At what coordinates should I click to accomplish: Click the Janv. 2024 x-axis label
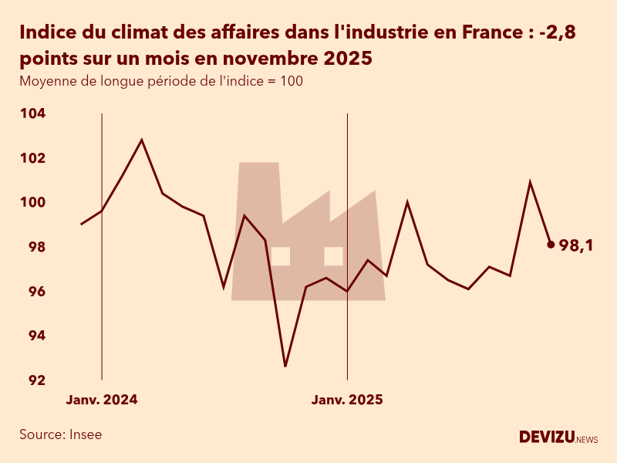pos(102,400)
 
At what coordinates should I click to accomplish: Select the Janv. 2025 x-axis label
pos(347,400)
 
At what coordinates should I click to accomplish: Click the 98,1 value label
pos(581,245)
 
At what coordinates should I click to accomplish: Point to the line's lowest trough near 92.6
pos(285,366)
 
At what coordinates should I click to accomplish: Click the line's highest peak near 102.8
pos(142,140)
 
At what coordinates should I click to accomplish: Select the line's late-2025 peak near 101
pos(530,182)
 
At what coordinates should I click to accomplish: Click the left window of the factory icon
pos(281,256)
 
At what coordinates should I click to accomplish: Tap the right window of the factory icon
pos(333,256)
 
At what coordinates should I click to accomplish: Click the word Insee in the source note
pos(85,434)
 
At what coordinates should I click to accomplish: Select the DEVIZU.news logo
pos(558,438)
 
